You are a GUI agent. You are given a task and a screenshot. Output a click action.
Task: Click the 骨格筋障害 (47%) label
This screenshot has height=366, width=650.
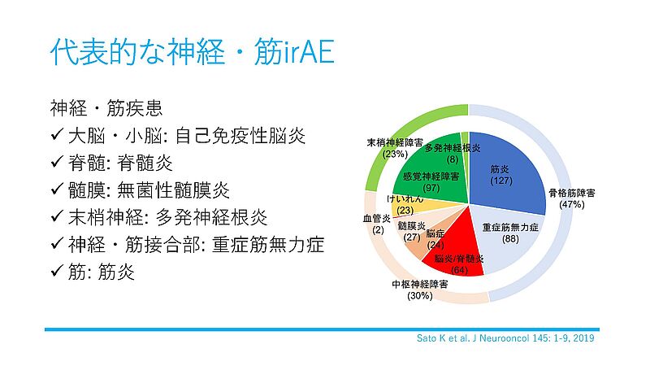click(x=572, y=198)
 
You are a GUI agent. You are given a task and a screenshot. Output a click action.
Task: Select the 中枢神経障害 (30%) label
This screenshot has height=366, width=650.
click(x=420, y=290)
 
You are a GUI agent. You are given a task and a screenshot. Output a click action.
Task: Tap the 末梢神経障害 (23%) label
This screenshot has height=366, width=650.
click(x=394, y=148)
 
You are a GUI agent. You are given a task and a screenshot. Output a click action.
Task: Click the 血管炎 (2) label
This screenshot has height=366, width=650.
click(x=377, y=224)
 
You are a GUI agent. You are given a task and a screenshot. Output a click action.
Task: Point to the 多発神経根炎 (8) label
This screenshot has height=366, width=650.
click(x=453, y=154)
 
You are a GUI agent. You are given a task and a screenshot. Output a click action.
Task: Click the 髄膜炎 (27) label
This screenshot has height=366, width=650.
click(x=412, y=231)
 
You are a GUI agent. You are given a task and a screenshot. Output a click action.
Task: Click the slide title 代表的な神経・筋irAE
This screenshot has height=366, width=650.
click(x=192, y=52)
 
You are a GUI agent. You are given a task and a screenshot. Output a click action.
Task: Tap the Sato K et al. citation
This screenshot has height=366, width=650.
click(x=505, y=338)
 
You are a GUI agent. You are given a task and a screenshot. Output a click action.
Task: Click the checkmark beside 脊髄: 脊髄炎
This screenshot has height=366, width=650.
click(x=57, y=161)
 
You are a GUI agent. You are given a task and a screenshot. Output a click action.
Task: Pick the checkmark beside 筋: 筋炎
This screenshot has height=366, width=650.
click(x=57, y=271)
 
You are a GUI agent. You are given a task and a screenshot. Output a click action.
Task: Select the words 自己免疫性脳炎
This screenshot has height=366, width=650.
click(x=240, y=136)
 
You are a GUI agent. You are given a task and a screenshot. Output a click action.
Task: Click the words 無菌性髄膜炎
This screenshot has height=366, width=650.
click(x=173, y=190)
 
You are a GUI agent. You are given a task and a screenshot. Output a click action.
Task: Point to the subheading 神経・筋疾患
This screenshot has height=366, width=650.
click(x=106, y=108)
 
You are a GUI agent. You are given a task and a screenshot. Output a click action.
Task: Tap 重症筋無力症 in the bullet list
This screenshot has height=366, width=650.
click(x=268, y=245)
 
